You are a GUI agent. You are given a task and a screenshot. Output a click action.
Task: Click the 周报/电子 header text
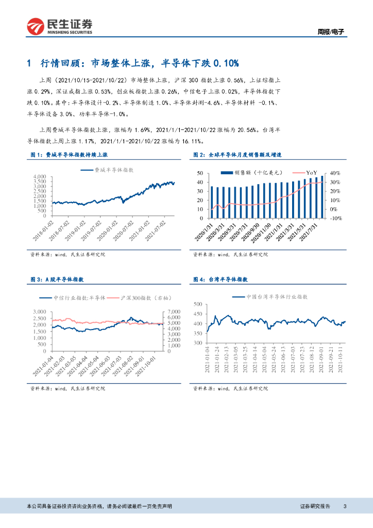tap(330, 31)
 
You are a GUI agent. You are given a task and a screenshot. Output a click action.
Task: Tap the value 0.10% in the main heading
tap(226, 63)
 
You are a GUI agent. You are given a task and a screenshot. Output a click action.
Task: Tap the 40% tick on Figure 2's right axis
tap(336, 173)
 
